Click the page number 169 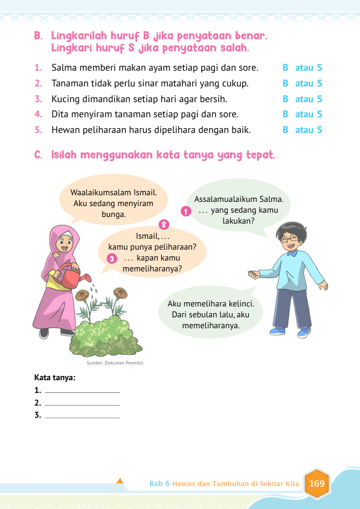(317, 484)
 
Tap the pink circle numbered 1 (186, 210)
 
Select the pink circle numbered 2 (163, 224)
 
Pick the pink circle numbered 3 (111, 259)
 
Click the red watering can (72, 279)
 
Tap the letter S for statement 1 (320, 68)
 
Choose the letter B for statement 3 (285, 99)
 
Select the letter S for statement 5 (320, 130)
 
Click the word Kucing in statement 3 (65, 99)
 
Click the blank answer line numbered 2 (82, 404)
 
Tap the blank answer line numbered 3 (82, 417)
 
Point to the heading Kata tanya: (55, 377)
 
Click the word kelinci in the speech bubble (239, 303)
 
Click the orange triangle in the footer (120, 481)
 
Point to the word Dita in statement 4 (60, 114)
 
